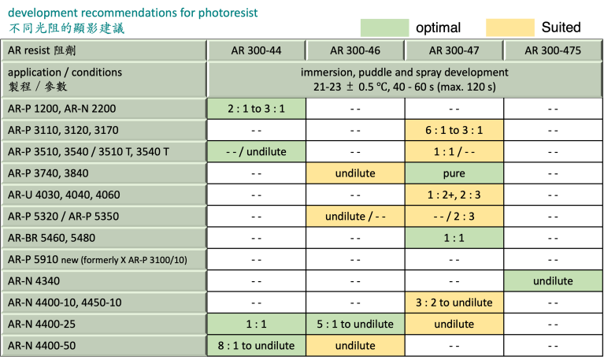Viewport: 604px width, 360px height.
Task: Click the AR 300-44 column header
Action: pyautogui.click(x=256, y=50)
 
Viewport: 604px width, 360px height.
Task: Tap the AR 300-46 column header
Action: pyautogui.click(x=354, y=50)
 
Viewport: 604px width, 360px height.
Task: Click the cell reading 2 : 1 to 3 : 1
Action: pyautogui.click(x=256, y=108)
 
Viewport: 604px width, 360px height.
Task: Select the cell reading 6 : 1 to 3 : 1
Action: pyautogui.click(x=454, y=130)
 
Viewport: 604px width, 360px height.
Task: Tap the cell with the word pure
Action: pyautogui.click(x=454, y=173)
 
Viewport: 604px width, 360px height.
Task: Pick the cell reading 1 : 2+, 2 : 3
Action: pyautogui.click(x=454, y=195)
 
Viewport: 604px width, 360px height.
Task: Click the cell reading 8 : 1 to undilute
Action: pyautogui.click(x=256, y=345)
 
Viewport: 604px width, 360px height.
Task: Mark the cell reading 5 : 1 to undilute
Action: pyautogui.click(x=354, y=324)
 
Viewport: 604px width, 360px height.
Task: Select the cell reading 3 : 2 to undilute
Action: pyautogui.click(x=454, y=302)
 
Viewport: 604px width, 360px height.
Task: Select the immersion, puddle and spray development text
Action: pyautogui.click(x=404, y=72)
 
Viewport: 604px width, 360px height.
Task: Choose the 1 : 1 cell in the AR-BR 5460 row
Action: pyautogui.click(x=454, y=237)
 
